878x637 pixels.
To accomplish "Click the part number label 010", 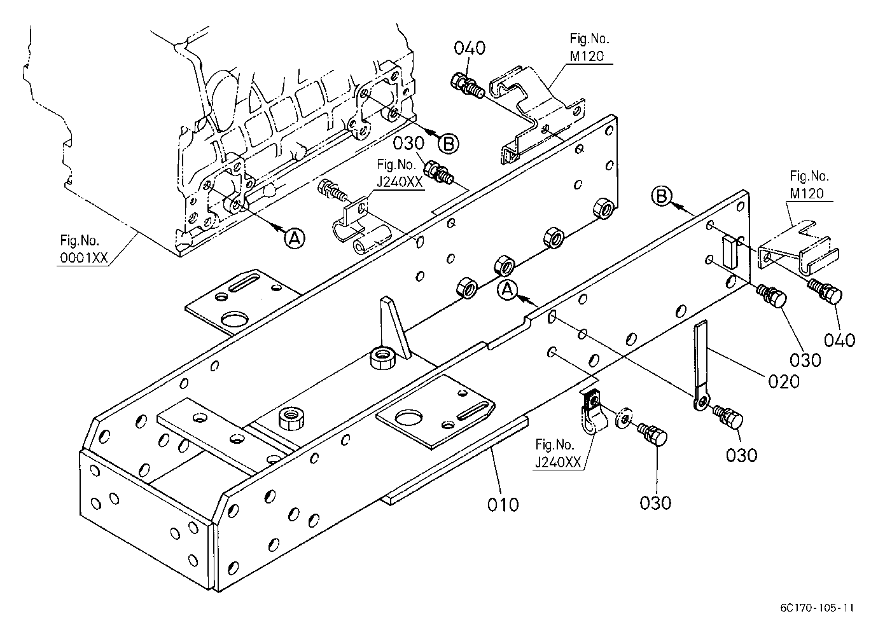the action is click(x=503, y=504).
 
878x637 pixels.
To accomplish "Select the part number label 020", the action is click(x=784, y=381).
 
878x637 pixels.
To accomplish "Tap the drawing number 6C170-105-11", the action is click(x=817, y=608).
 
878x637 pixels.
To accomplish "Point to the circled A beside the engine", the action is click(x=295, y=238).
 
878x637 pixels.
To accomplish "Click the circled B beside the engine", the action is click(x=448, y=144).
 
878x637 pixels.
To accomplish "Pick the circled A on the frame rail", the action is click(x=508, y=291).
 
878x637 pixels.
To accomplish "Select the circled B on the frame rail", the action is click(x=662, y=196).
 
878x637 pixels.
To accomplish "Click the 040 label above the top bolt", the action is click(x=469, y=48).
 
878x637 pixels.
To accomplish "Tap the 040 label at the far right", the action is click(x=839, y=340).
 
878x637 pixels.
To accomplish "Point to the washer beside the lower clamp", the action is click(x=624, y=420).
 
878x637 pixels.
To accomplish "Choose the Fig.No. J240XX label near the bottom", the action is click(x=558, y=454).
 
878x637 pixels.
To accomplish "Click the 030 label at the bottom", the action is click(x=655, y=503).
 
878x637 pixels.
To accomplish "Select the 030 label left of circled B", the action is click(x=408, y=144).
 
